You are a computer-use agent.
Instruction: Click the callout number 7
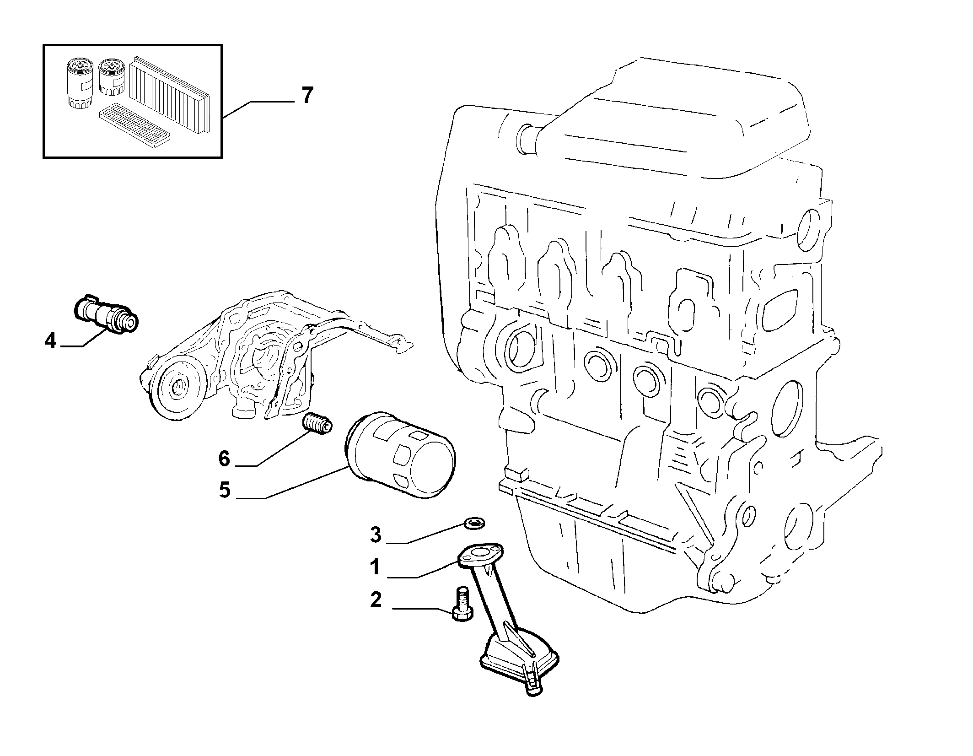[307, 95]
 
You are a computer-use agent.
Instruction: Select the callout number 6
[224, 458]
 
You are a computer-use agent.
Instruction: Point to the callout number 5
[224, 490]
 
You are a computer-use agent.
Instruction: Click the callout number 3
[375, 534]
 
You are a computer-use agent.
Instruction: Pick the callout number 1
[375, 567]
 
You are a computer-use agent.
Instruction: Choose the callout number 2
[375, 600]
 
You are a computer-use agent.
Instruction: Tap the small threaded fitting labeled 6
[317, 424]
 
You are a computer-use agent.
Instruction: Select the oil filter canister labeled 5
[399, 455]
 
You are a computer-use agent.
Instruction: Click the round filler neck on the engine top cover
[526, 137]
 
